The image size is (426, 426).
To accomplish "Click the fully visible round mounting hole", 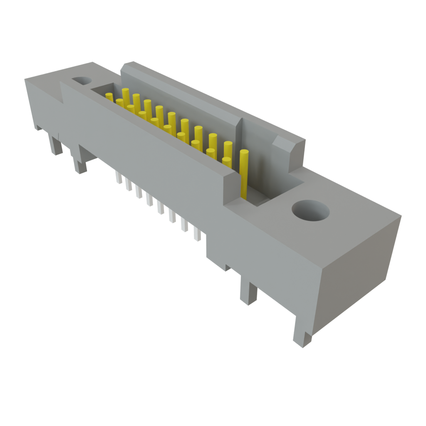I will click(310, 211).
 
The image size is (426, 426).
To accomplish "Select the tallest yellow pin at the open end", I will click(244, 171).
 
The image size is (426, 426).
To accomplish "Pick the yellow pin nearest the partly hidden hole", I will click(109, 97).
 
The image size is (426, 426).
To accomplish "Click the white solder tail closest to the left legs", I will click(119, 178).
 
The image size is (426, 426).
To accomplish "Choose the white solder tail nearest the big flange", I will click(197, 235).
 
